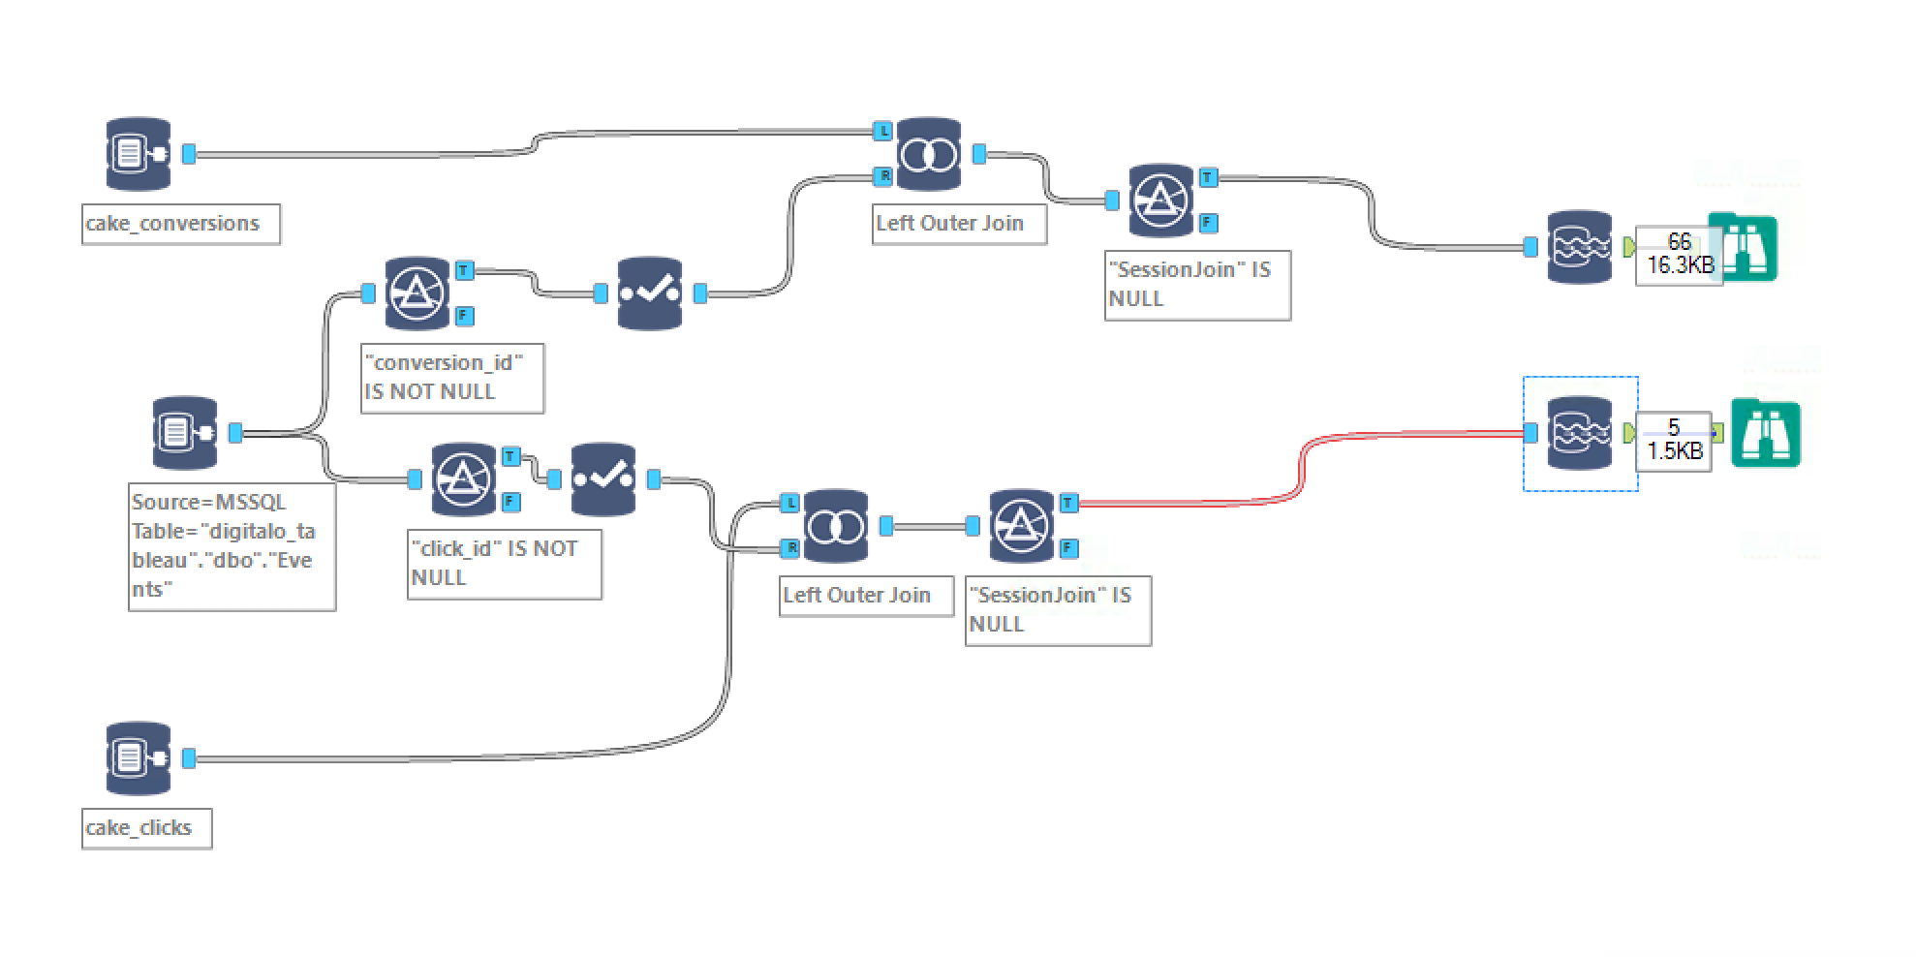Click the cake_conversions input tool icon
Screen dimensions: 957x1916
pyautogui.click(x=139, y=154)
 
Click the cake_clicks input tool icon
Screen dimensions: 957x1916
pyautogui.click(x=139, y=758)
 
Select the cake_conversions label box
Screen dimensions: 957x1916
pyautogui.click(x=181, y=224)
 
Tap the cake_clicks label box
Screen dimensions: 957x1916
pyautogui.click(x=146, y=828)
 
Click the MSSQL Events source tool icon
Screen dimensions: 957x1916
pyautogui.click(x=185, y=433)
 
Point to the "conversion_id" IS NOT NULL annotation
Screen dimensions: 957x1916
pyautogui.click(x=452, y=378)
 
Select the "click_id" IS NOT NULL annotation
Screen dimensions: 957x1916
pyautogui.click(x=504, y=564)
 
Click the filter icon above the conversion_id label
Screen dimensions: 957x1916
pyautogui.click(x=417, y=293)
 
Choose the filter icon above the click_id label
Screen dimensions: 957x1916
pyautogui.click(x=464, y=478)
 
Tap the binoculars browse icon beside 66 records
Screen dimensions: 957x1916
pyautogui.click(x=1743, y=247)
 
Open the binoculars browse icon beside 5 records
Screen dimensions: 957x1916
pyautogui.click(x=1766, y=434)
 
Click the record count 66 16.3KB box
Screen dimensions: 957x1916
pyautogui.click(x=1679, y=255)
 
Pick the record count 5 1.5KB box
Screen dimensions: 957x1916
pyautogui.click(x=1674, y=441)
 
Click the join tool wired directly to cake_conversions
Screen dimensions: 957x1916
pyautogui.click(x=929, y=154)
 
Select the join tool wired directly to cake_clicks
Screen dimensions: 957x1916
pyautogui.click(x=836, y=526)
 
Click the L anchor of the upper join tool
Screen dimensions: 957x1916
pyautogui.click(x=882, y=130)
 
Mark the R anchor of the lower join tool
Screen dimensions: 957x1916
pyautogui.click(x=790, y=548)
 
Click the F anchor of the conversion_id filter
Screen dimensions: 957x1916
pyautogui.click(x=465, y=316)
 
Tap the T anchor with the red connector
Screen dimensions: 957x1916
pyautogui.click(x=1068, y=503)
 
